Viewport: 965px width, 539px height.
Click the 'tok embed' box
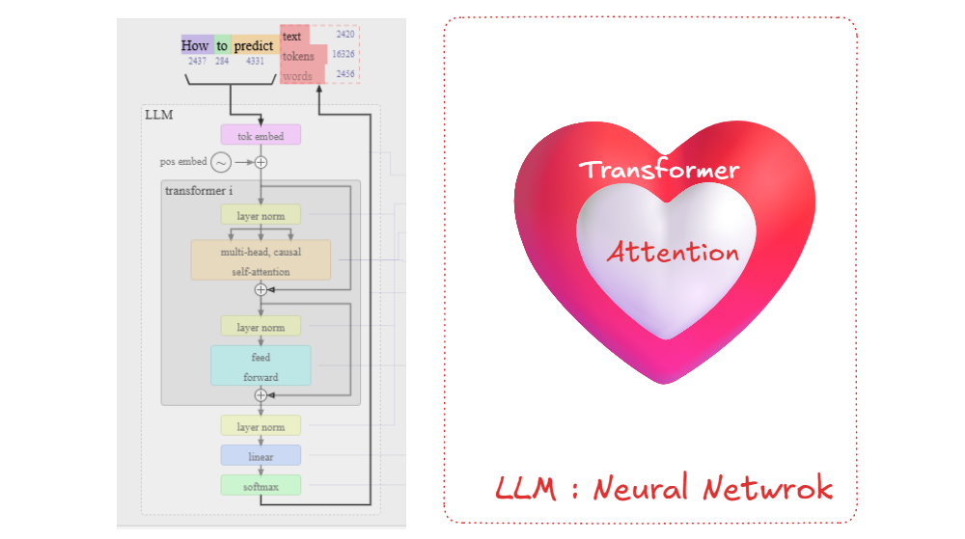pos(261,135)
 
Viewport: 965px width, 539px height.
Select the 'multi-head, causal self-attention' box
pos(261,260)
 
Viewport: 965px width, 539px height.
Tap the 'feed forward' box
pos(261,365)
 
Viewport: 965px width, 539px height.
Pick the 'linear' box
pos(261,455)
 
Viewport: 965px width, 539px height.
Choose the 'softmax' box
pos(261,486)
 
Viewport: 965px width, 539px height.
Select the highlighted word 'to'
pos(222,45)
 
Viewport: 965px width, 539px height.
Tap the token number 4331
pos(255,61)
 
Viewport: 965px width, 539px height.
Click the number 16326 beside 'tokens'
pos(344,54)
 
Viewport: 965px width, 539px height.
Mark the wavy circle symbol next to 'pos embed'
pos(221,162)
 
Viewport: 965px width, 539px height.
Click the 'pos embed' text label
pos(183,162)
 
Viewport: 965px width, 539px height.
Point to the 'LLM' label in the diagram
pos(159,115)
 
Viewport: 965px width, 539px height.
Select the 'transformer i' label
pos(199,191)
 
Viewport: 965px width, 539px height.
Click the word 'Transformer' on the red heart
pos(659,169)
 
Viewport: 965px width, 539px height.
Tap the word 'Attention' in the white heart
pos(674,252)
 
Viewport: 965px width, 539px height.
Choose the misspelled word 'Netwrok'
pos(768,488)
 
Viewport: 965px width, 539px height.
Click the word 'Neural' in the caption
pos(641,488)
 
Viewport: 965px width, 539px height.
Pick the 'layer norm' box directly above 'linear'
pos(261,425)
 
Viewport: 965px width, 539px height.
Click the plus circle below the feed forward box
pos(261,395)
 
